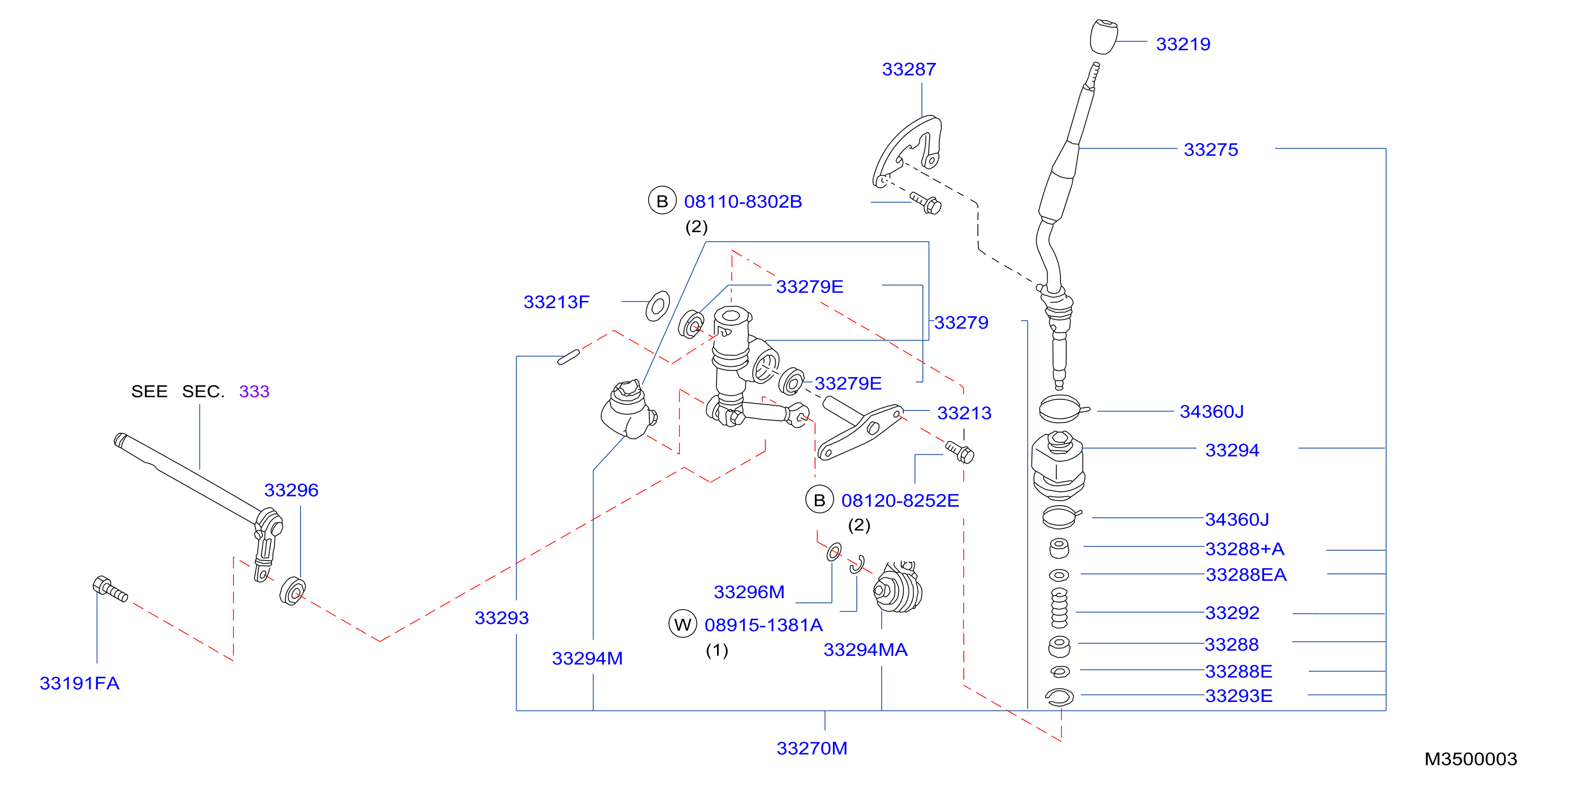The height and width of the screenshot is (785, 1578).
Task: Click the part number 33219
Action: tap(1183, 44)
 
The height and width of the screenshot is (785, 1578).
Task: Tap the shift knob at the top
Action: tap(1104, 36)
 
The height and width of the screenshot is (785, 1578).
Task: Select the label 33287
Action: tap(909, 69)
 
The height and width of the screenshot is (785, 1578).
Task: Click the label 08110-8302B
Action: tap(743, 202)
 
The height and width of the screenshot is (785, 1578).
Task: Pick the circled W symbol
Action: tap(683, 624)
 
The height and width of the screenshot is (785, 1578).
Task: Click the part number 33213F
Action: tap(556, 302)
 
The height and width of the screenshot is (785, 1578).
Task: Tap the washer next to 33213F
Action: tap(658, 306)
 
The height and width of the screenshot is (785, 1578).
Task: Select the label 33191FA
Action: tap(79, 683)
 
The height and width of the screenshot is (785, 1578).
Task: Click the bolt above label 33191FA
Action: tap(110, 589)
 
